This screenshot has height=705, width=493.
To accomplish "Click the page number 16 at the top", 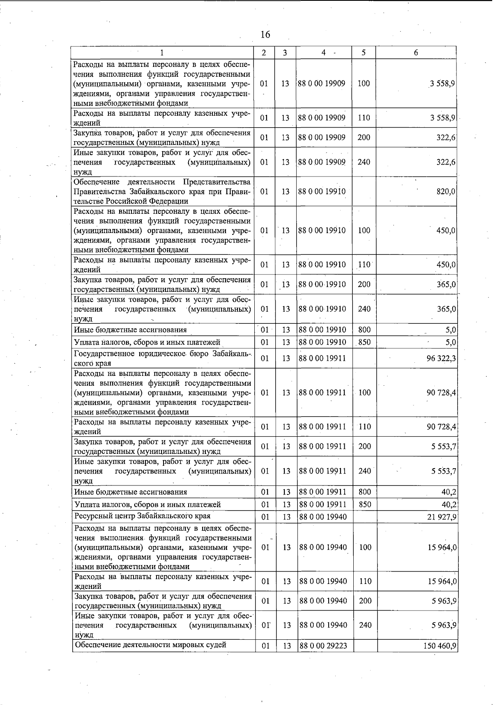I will click(265, 34).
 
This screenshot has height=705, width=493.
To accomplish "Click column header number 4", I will click(324, 53).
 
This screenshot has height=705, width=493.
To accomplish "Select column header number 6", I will click(416, 53).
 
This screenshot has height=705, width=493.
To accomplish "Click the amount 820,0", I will click(446, 192).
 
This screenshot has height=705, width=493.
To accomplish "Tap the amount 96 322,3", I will click(441, 358).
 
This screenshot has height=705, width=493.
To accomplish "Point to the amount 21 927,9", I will click(442, 517).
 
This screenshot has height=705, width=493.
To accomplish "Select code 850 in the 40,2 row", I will click(365, 504).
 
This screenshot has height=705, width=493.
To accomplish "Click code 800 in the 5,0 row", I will click(364, 330).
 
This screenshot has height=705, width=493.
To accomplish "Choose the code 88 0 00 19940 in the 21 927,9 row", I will click(323, 517).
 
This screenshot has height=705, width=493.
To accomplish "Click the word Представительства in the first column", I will click(217, 182).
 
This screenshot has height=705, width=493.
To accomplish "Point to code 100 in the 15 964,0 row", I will click(365, 547).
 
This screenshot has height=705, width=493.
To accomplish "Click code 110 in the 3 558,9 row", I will click(364, 118).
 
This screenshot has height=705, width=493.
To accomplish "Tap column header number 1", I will click(162, 53).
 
